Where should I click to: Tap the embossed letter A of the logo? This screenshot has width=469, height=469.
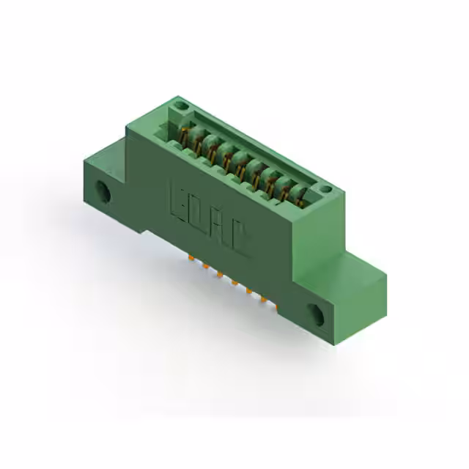pos(218,227)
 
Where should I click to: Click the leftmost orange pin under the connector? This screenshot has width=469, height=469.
pos(191,259)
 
